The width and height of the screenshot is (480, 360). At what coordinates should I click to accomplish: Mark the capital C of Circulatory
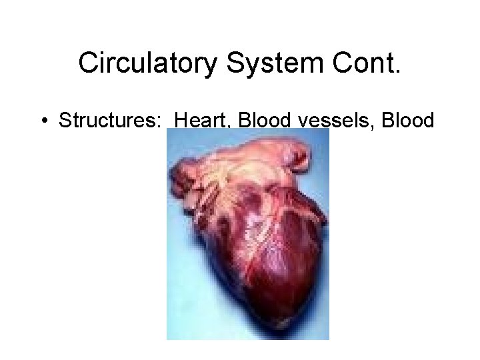click(88, 63)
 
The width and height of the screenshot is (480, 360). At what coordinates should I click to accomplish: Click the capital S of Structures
click(65, 121)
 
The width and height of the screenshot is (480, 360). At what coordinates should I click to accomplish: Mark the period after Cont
click(399, 71)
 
